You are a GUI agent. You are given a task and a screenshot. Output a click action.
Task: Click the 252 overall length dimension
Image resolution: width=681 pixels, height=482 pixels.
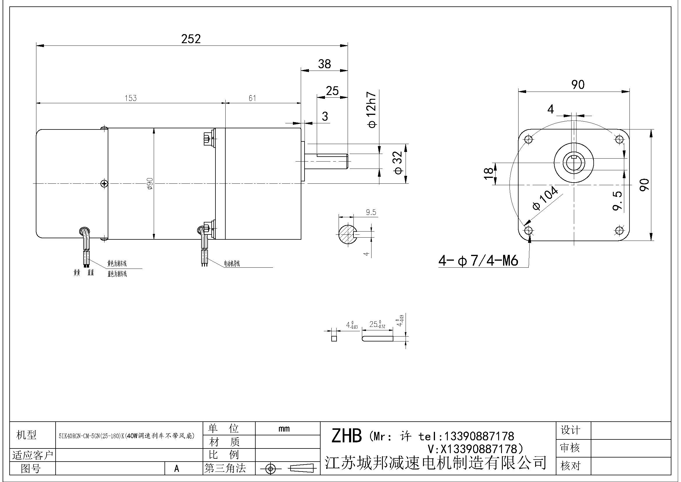(x=191, y=39)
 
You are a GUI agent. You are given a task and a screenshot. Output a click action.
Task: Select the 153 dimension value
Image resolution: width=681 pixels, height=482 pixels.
(x=131, y=98)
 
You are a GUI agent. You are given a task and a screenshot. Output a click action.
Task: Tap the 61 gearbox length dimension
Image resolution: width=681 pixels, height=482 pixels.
(x=252, y=98)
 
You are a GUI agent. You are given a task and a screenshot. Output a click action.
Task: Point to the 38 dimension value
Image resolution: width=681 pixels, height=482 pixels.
(x=324, y=64)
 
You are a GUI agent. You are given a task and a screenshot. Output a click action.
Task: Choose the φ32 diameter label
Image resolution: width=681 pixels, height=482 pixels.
(x=398, y=162)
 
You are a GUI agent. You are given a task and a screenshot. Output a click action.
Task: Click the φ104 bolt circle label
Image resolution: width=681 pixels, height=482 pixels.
(x=545, y=198)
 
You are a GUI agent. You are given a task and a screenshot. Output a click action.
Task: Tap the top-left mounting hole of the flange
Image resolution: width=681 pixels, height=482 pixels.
(x=528, y=139)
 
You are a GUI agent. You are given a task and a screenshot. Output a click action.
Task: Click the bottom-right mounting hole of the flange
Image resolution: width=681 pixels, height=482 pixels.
(x=619, y=230)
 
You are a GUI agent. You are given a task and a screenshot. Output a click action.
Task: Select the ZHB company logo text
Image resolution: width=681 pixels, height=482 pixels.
(x=346, y=436)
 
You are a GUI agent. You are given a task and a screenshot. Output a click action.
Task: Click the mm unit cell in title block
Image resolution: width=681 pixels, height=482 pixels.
(x=284, y=429)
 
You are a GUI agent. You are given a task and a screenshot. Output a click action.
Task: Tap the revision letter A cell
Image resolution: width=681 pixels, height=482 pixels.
(x=177, y=468)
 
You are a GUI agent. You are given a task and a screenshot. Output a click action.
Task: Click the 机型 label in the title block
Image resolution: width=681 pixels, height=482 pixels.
(x=26, y=435)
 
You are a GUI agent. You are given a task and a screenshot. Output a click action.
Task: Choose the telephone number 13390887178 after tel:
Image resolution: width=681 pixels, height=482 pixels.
(x=478, y=436)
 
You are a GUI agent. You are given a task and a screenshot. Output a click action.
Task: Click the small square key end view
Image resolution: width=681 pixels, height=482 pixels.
(x=334, y=339)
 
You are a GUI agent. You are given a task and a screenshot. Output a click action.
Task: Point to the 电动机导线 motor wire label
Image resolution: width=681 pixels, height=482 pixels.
(x=232, y=263)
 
